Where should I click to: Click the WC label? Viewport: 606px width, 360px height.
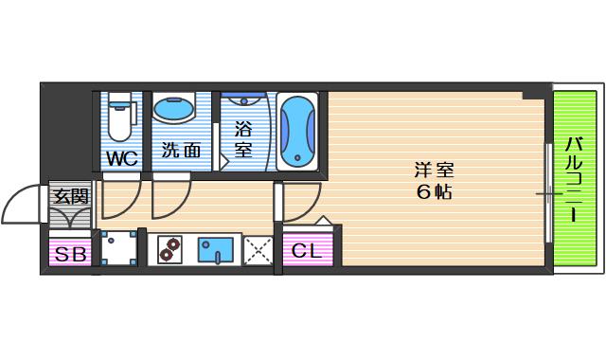point(122,157)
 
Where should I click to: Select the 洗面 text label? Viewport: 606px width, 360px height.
point(180,150)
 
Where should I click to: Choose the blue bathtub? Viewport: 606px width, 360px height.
point(298,131)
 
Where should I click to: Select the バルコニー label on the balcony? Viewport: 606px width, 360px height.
point(575,180)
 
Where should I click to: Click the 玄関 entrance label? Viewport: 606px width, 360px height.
point(69,196)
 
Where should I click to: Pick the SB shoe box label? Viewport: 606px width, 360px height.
point(68,253)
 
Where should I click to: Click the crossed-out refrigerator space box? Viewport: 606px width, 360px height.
point(258,250)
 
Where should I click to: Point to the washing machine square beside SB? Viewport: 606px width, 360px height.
point(118,249)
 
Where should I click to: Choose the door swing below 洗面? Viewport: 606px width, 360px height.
point(171,197)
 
